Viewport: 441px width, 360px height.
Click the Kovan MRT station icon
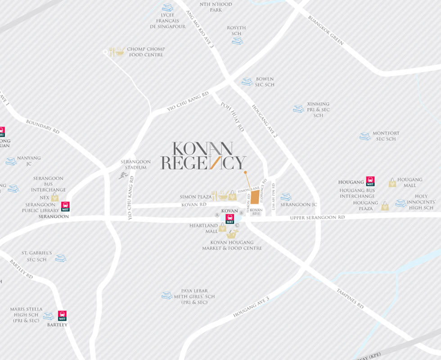coord(230,219)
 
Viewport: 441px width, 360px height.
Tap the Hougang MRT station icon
coord(370,181)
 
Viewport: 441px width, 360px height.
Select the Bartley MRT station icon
coord(62,315)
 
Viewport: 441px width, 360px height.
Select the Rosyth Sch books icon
coord(237,41)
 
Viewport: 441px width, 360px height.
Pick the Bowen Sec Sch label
coord(265,81)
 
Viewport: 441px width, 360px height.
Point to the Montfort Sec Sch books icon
coord(365,136)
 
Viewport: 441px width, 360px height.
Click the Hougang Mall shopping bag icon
coord(392,182)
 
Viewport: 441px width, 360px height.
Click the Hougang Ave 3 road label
coord(251,307)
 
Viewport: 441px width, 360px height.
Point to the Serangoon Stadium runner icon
coord(123,175)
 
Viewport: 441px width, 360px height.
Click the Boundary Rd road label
coord(43,126)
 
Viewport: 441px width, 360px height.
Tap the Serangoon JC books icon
coord(286,197)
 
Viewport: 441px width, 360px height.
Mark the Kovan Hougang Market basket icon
coord(232,234)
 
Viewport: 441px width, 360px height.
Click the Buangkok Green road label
coord(326,31)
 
